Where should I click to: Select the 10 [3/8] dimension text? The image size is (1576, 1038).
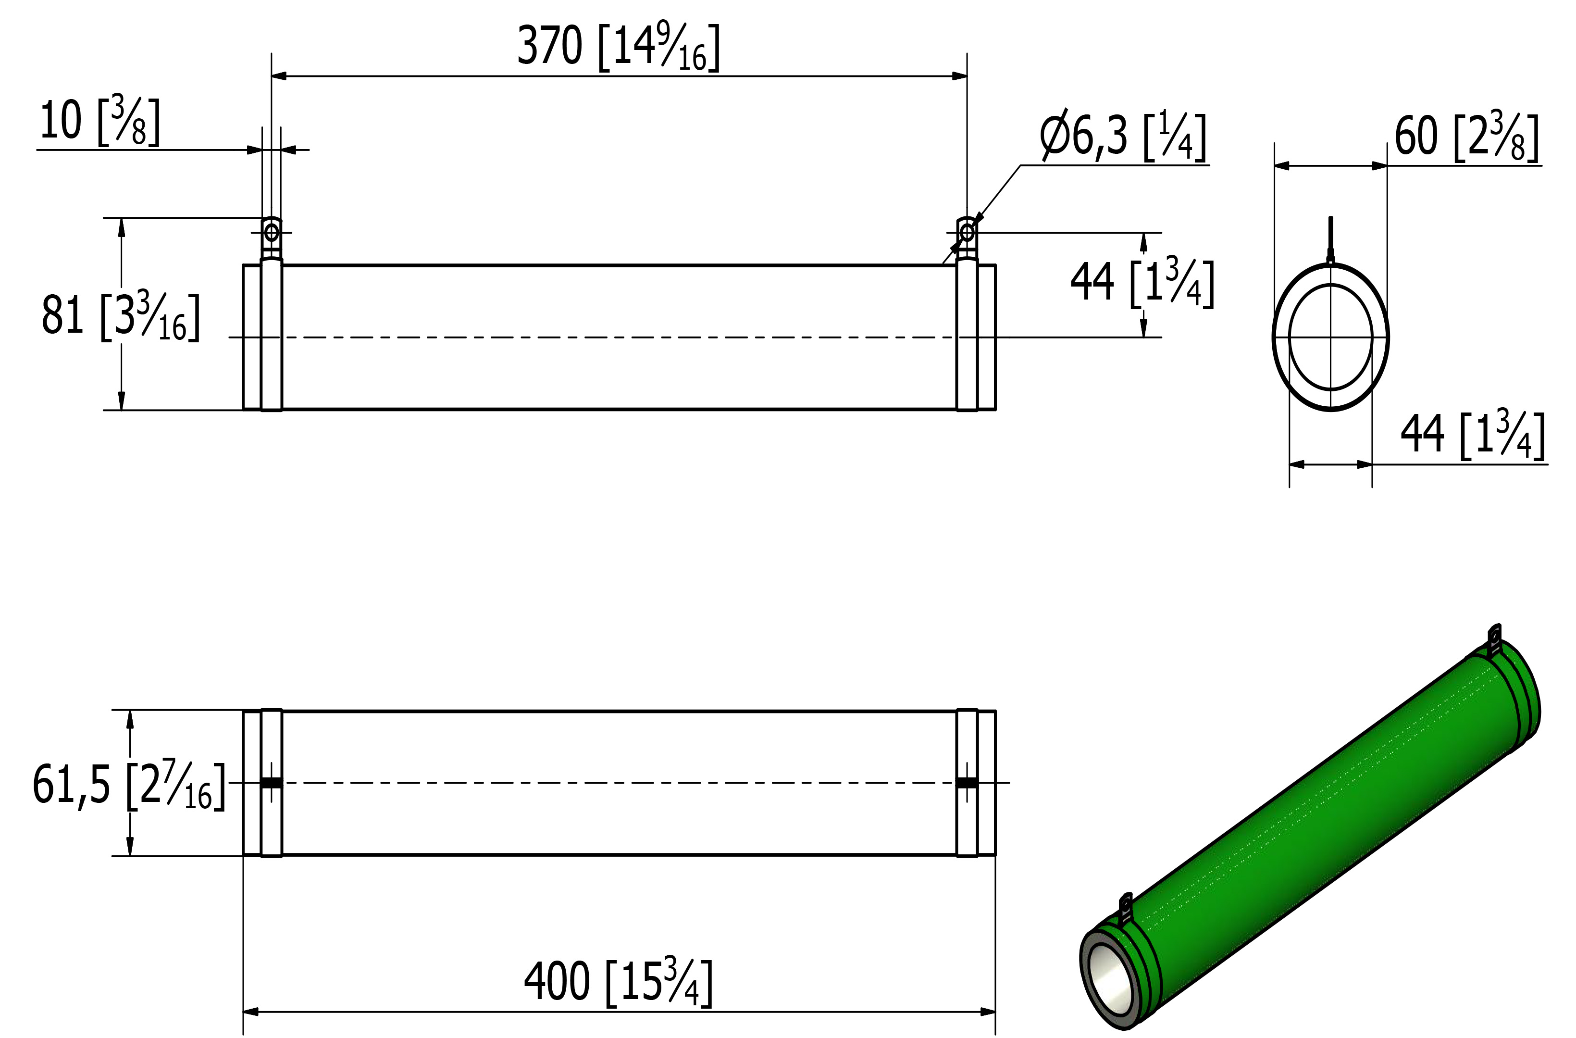(99, 121)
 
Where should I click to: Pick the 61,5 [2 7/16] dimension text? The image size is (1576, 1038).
(129, 785)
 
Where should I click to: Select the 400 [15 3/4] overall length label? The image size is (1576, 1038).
(619, 982)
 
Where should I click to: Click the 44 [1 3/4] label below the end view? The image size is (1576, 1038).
(1473, 435)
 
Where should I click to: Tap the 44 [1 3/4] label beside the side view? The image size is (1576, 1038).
(1142, 283)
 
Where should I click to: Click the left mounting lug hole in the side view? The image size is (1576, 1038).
(272, 233)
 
